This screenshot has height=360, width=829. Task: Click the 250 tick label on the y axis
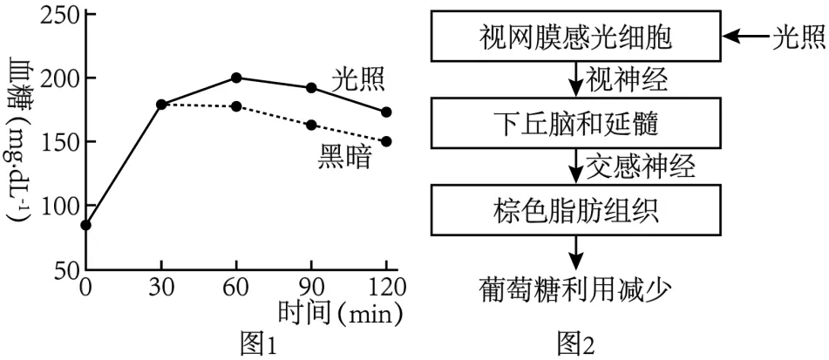pyautogui.click(x=57, y=15)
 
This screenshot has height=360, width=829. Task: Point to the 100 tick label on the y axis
pyautogui.click(x=57, y=206)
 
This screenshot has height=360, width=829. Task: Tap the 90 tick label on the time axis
pyautogui.click(x=311, y=286)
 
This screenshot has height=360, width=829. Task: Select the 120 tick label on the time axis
pyautogui.click(x=385, y=286)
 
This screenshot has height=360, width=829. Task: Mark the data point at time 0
pyautogui.click(x=85, y=225)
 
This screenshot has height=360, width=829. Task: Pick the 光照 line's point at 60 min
pyautogui.click(x=236, y=78)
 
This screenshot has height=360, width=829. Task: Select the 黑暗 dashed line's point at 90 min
pyautogui.click(x=311, y=125)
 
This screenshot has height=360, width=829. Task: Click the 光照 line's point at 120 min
pyautogui.click(x=386, y=112)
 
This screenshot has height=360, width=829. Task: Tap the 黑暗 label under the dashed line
pyautogui.click(x=344, y=157)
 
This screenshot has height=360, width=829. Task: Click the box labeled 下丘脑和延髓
pyautogui.click(x=576, y=124)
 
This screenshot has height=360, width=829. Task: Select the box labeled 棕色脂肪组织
pyautogui.click(x=576, y=210)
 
